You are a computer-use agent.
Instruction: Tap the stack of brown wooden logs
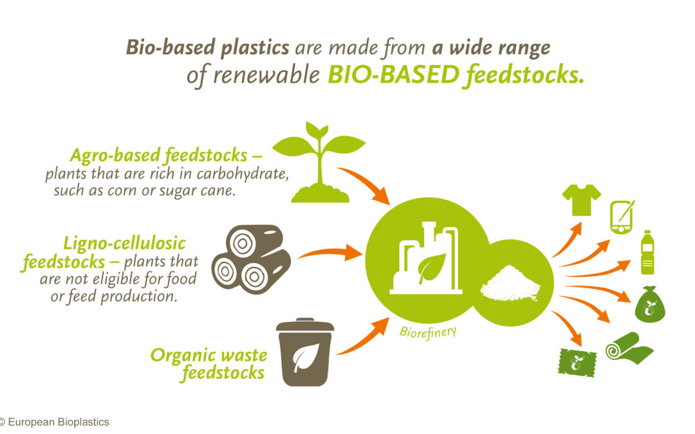coord(251,259)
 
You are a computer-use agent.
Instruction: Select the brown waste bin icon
coord(305,352)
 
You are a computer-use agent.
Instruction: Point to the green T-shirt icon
coord(582,200)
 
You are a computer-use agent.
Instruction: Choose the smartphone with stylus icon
coord(622,217)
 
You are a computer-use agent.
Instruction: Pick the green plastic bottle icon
coord(647,253)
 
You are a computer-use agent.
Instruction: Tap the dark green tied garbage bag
coord(650,304)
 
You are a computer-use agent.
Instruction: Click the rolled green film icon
coord(629,348)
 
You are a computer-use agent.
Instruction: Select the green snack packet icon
coord(577,363)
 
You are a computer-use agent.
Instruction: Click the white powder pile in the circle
coord(510,284)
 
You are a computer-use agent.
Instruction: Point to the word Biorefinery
coord(428,332)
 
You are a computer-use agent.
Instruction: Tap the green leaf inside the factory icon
coord(432,268)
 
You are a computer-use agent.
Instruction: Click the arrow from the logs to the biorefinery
coord(330,253)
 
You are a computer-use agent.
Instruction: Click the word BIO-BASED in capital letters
coord(393,75)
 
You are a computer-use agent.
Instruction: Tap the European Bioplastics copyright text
coord(55,422)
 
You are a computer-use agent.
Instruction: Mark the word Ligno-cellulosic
coord(125,244)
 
